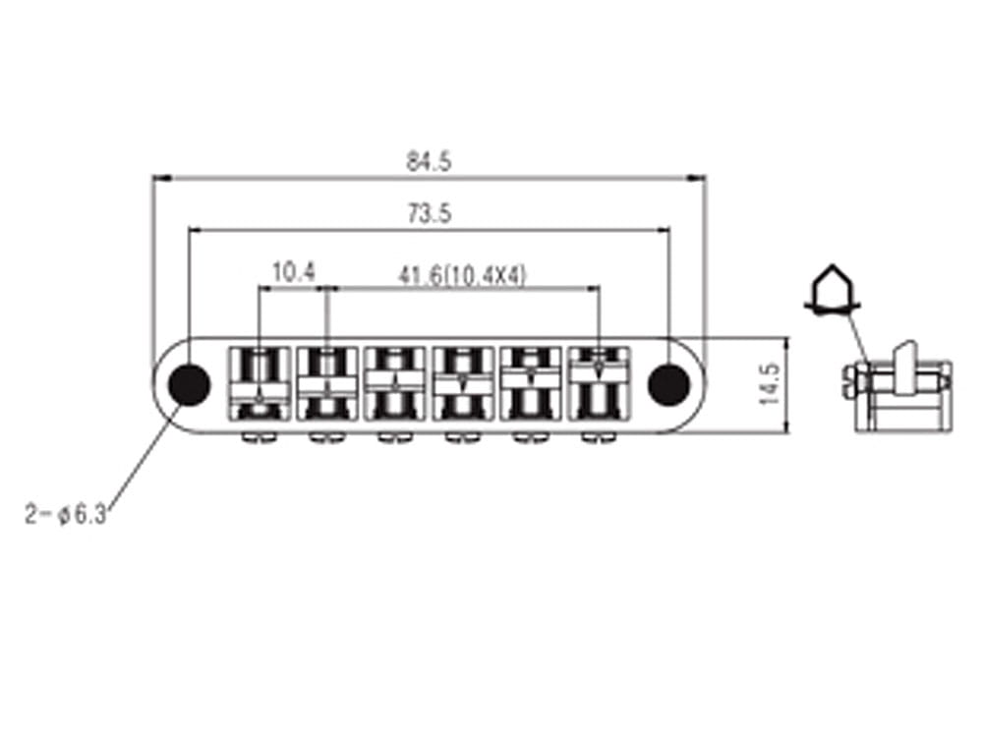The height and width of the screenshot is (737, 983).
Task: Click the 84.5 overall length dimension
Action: tap(429, 163)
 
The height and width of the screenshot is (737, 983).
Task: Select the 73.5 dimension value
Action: tap(429, 214)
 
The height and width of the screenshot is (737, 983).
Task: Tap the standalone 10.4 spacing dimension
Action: tap(292, 273)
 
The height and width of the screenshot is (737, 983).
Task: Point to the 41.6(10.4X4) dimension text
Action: tap(462, 275)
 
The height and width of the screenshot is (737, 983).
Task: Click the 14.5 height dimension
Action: tap(770, 384)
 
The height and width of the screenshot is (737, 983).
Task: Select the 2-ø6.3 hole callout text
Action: tap(67, 513)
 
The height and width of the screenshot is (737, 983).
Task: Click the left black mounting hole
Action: tap(188, 383)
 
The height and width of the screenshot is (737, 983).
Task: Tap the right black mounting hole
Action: tap(669, 383)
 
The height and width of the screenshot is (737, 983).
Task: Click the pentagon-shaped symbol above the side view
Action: tap(832, 288)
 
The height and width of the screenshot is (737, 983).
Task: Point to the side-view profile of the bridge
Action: tap(895, 388)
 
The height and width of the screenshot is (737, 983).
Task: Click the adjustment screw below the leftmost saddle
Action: tap(260, 436)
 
